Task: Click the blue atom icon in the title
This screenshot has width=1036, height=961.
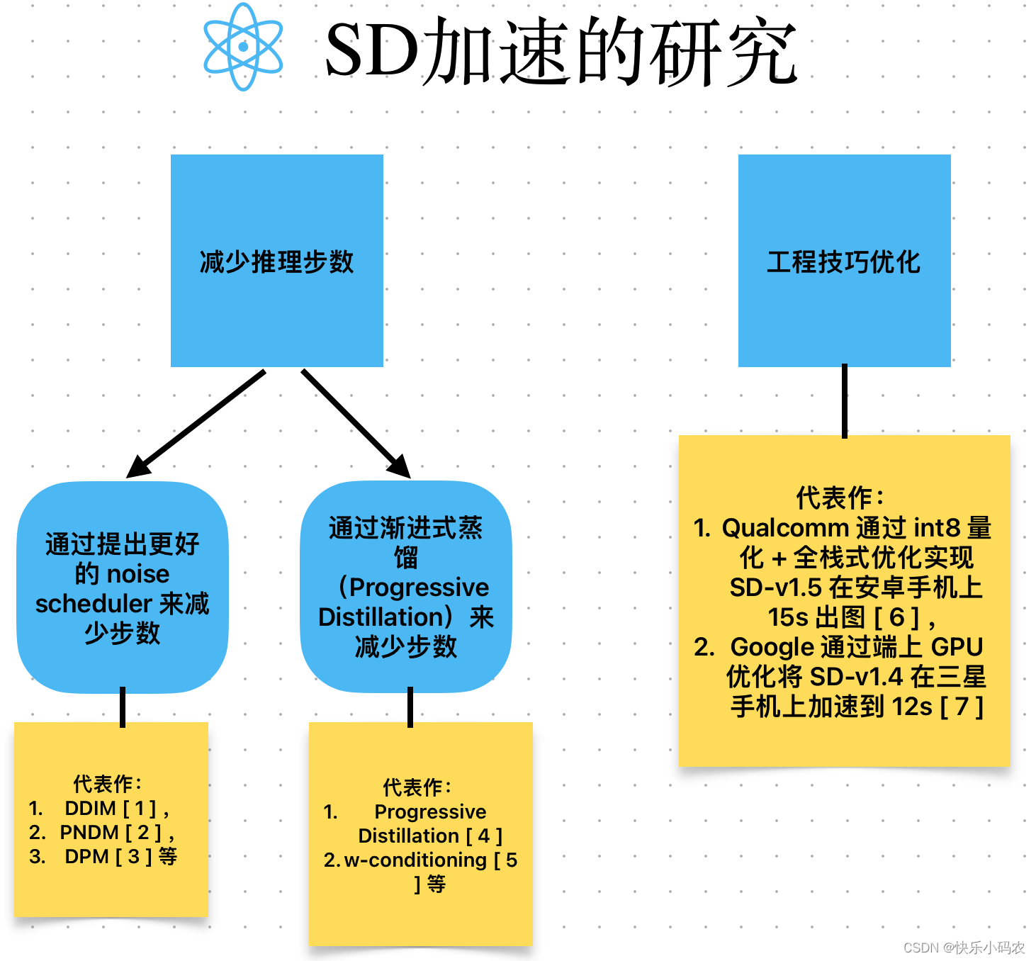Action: [243, 47]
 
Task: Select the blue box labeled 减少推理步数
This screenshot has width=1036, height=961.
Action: [277, 261]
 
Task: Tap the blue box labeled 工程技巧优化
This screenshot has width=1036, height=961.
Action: [844, 261]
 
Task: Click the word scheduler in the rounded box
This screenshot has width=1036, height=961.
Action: [93, 604]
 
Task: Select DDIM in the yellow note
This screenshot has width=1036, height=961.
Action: [90, 809]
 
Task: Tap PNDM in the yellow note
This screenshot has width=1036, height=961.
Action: [89, 832]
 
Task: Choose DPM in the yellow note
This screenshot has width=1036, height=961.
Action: [86, 857]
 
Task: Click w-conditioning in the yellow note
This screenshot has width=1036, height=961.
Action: [415, 860]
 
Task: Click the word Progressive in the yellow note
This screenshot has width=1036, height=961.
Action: [430, 811]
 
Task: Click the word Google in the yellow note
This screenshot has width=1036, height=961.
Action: [772, 647]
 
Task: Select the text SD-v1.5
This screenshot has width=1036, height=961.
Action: [775, 588]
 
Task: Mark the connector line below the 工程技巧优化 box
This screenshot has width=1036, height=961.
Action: [844, 400]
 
